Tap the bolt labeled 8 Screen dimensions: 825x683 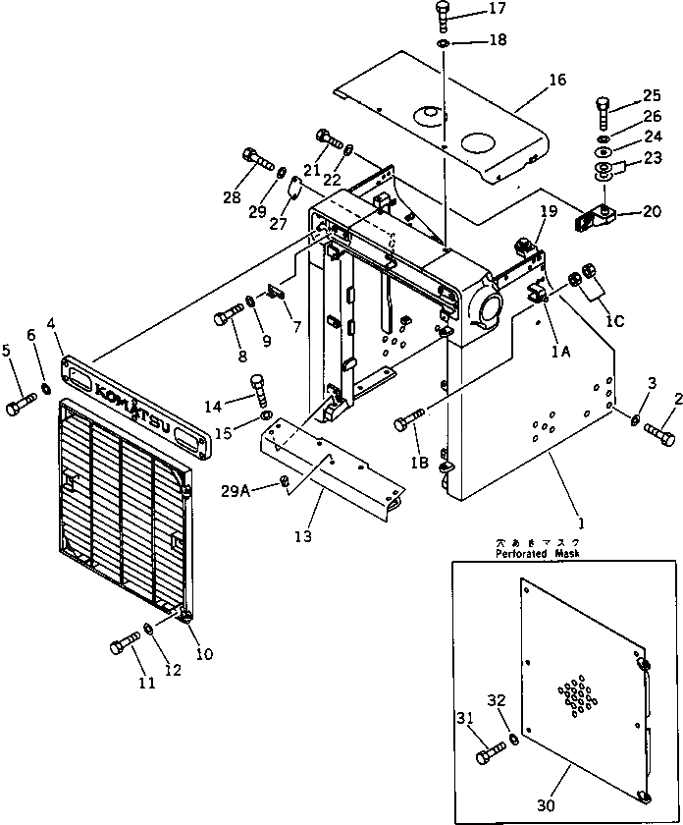coord(228,317)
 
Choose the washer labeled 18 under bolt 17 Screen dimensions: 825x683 coord(443,43)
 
